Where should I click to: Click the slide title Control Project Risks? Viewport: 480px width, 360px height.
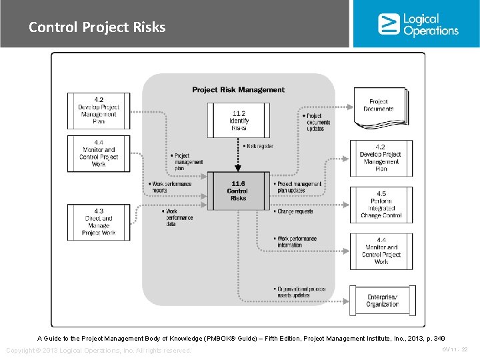pyautogui.click(x=97, y=27)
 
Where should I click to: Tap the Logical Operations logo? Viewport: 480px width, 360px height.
pyautogui.click(x=418, y=25)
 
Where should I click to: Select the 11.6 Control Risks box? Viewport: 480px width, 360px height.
pyautogui.click(x=238, y=191)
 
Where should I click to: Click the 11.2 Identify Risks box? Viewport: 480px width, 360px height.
pyautogui.click(x=239, y=121)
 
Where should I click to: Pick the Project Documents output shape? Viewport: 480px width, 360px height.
pyautogui.click(x=379, y=107)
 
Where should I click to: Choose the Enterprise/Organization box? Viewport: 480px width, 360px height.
pyautogui.click(x=382, y=301)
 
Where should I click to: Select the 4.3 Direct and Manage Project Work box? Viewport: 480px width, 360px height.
pyautogui.click(x=99, y=222)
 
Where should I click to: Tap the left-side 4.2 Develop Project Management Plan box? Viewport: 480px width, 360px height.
pyautogui.click(x=99, y=111)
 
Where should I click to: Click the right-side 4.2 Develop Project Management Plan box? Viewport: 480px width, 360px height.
pyautogui.click(x=381, y=158)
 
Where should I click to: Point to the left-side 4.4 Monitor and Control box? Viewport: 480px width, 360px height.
pyautogui.click(x=99, y=153)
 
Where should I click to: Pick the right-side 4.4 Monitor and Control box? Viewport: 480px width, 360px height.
pyautogui.click(x=381, y=251)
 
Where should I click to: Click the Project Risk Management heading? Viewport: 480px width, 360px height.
pyautogui.click(x=238, y=89)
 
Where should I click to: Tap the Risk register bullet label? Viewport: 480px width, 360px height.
pyautogui.click(x=258, y=146)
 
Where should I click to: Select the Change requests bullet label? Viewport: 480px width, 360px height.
pyautogui.click(x=293, y=211)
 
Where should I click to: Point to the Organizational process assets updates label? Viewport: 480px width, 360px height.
pyautogui.click(x=301, y=292)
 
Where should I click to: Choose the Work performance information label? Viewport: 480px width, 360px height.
pyautogui.click(x=296, y=241)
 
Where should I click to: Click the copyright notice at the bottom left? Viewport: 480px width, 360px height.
pyautogui.click(x=98, y=351)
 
